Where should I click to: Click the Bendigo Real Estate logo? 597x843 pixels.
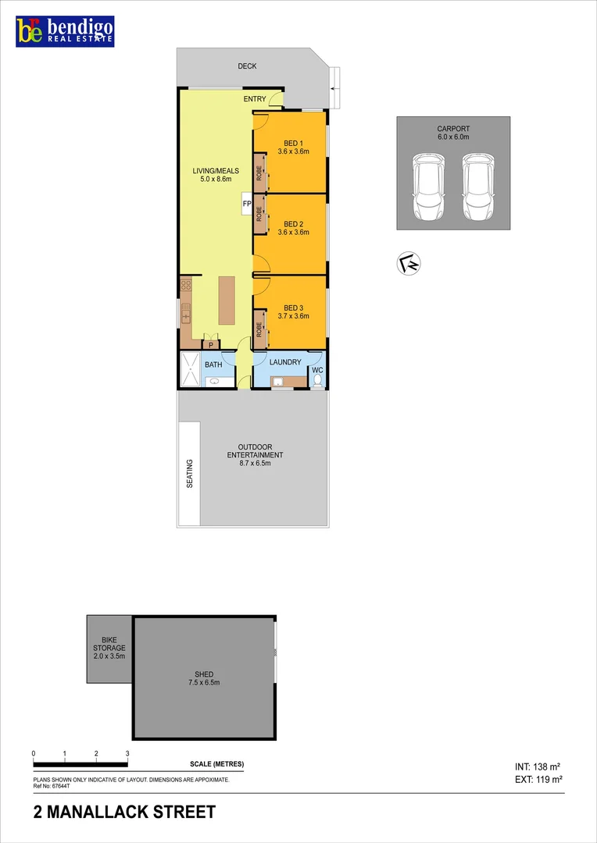(66, 30)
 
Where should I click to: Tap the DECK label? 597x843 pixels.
(247, 66)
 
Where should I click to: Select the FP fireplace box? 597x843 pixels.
(247, 204)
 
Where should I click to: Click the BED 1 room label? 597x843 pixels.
(293, 143)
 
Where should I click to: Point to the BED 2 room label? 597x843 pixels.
(293, 224)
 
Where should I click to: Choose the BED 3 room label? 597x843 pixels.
(293, 308)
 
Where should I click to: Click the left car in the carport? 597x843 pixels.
(428, 187)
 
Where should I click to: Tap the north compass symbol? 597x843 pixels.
(409, 265)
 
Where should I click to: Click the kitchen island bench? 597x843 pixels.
(227, 301)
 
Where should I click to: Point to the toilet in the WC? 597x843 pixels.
(316, 380)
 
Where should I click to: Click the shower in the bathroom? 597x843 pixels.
(191, 369)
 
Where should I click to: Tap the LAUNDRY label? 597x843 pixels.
(285, 362)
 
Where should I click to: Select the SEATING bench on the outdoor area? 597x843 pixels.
(190, 473)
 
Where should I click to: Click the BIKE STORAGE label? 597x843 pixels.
(109, 648)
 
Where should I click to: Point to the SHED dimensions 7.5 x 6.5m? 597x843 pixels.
(204, 682)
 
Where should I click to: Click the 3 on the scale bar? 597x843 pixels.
(127, 754)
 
